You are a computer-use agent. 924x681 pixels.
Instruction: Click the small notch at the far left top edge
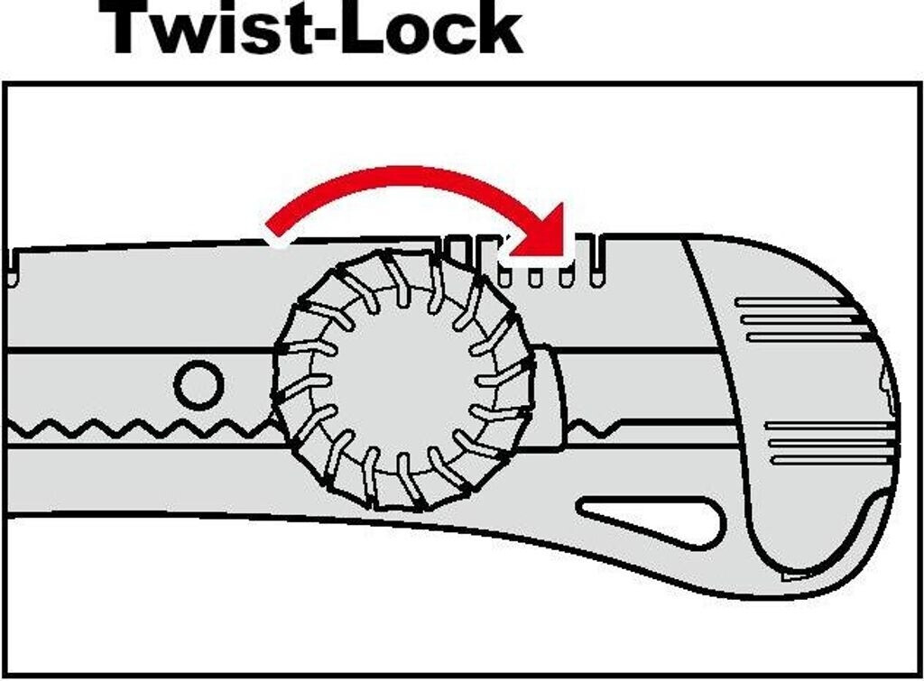coord(13,267)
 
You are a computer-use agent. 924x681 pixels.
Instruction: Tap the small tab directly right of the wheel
coord(551,397)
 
